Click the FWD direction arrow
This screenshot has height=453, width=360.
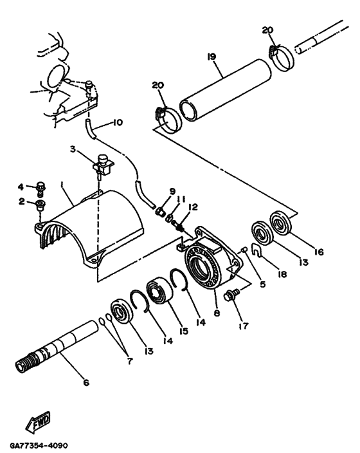coord(38,422)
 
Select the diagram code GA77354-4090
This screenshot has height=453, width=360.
coord(39,445)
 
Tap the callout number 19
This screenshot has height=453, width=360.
coord(212,57)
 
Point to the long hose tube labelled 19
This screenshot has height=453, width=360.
coord(226,89)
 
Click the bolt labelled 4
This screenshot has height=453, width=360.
coord(41,189)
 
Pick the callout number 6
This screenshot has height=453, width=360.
coord(86,383)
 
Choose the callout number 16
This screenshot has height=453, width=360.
coord(319,252)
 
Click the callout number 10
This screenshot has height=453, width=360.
coord(118,122)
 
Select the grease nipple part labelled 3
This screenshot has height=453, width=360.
coord(103,166)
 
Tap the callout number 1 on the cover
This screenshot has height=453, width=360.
coord(62,184)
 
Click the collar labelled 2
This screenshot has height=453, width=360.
coord(40,205)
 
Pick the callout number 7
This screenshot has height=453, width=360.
coord(130,361)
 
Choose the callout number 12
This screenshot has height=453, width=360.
coord(193,207)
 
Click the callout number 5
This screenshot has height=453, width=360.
coord(262,284)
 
